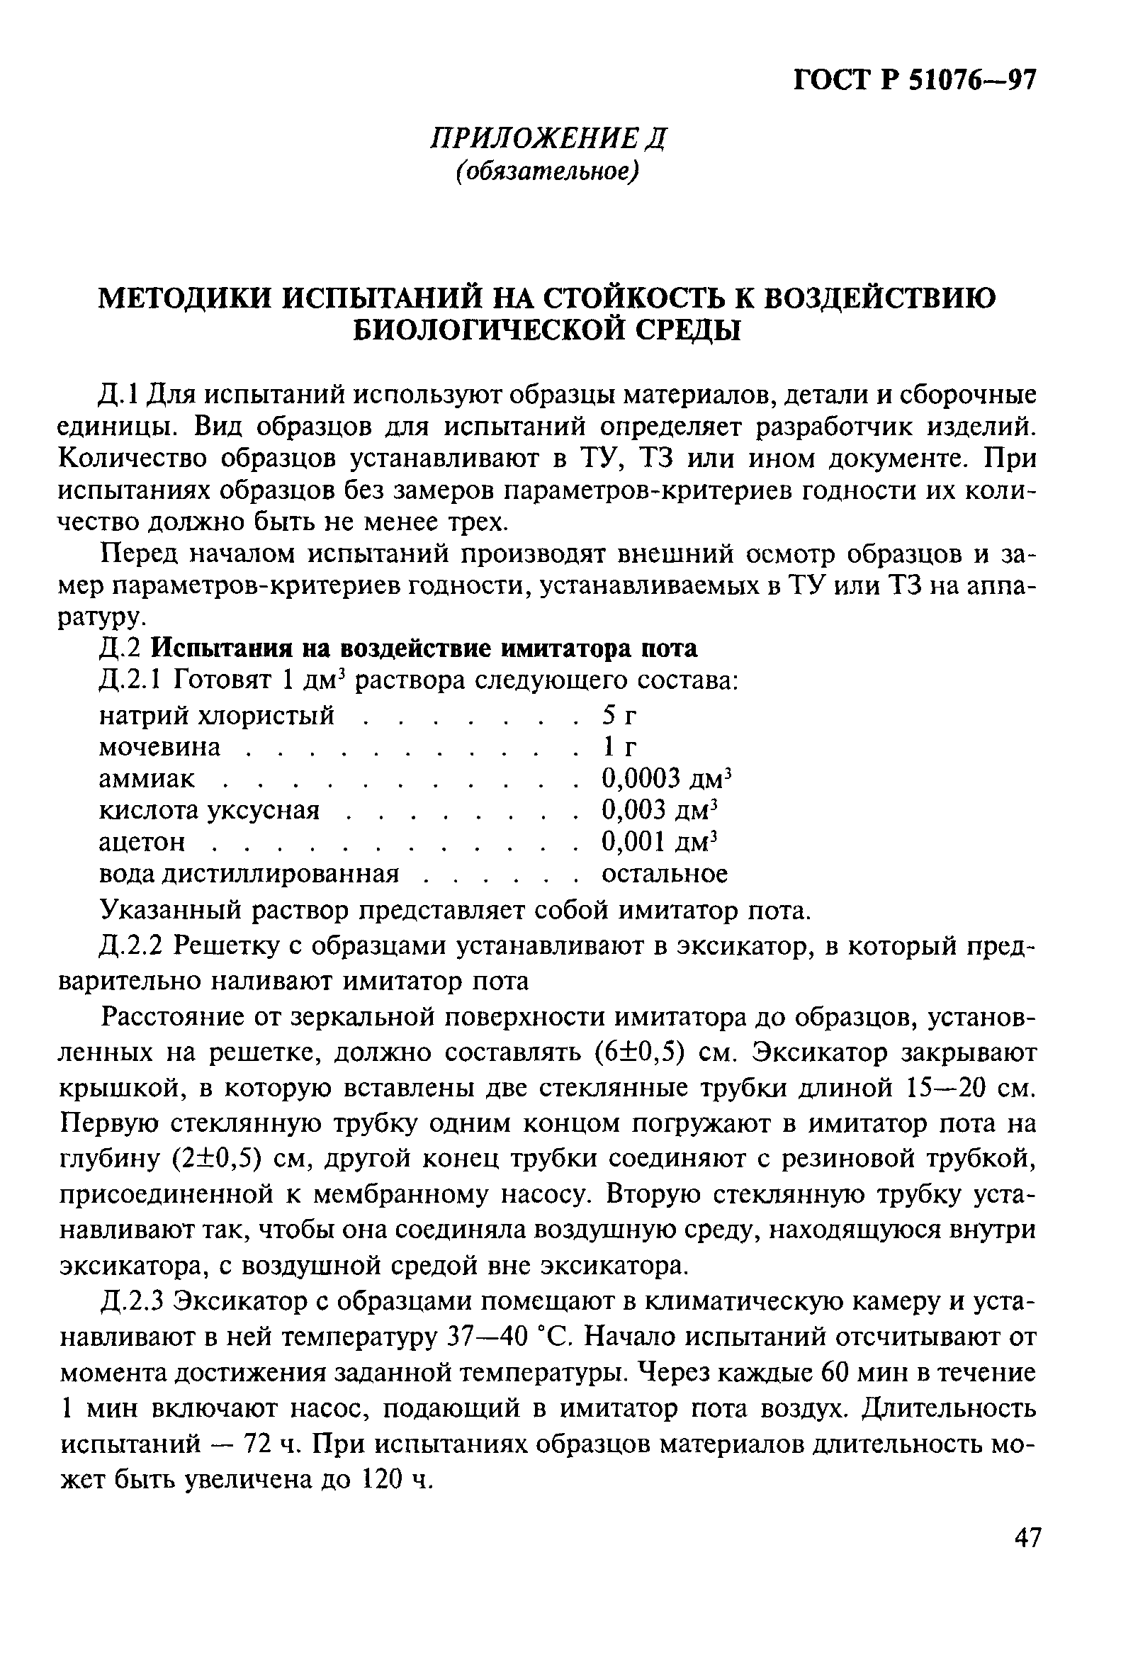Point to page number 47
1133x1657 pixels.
coord(1027,1557)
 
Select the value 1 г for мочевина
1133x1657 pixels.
coord(617,747)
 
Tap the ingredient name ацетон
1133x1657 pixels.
coord(142,842)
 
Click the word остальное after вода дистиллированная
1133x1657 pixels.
coord(665,874)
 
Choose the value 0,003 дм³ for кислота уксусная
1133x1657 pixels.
coord(658,811)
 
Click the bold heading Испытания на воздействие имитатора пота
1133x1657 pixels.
coord(426,648)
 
